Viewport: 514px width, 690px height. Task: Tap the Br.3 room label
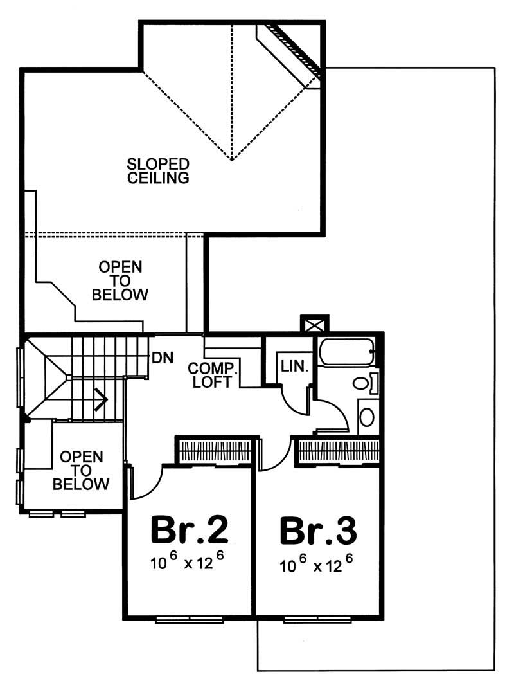point(318,531)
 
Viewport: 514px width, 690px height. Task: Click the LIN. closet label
point(295,367)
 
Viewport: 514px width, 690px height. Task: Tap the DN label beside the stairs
point(162,358)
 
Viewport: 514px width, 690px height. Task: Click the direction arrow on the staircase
point(100,399)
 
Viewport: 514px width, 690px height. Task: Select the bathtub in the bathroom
point(346,352)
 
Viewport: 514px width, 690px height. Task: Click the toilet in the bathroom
point(363,384)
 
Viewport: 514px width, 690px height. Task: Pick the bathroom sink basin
point(366,417)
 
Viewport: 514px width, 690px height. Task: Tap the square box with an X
point(314,323)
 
